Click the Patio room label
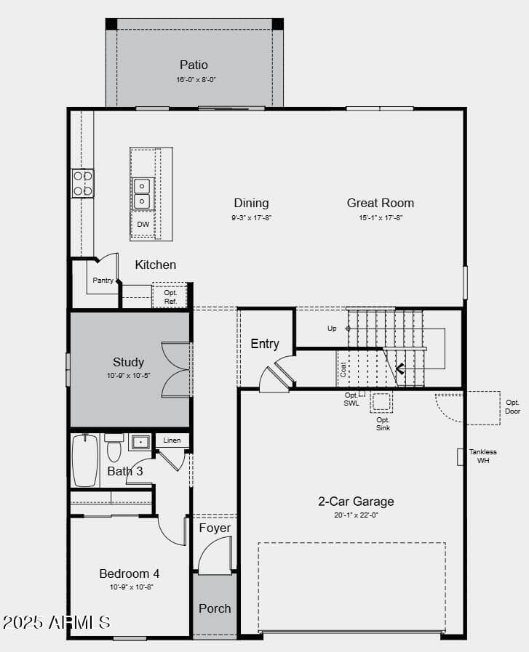(194, 65)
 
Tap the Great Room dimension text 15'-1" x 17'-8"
(381, 217)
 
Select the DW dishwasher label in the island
(143, 224)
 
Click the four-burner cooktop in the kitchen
(83, 183)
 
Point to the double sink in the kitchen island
(143, 194)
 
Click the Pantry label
(103, 281)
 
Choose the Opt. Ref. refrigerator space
(170, 297)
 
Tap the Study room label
(128, 362)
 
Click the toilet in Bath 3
(114, 446)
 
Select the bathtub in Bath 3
(85, 460)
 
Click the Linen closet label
(172, 440)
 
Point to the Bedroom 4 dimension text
(132, 587)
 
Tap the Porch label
(215, 608)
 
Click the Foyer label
(215, 528)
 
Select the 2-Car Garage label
(356, 502)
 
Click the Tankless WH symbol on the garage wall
(461, 457)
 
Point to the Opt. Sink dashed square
(381, 402)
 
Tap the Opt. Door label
(512, 406)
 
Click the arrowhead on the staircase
(400, 369)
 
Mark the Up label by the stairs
(332, 328)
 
